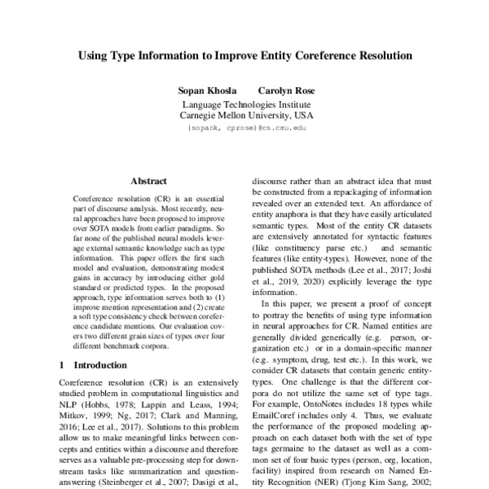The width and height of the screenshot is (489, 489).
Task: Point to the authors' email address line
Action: click(x=244, y=128)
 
